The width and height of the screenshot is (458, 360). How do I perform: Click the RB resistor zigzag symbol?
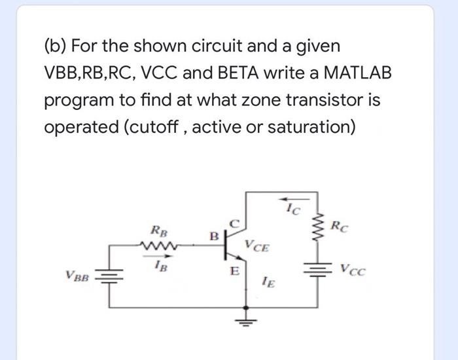point(158,246)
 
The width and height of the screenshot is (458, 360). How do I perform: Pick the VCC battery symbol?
point(319,268)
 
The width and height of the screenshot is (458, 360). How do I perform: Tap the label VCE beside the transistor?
point(256,247)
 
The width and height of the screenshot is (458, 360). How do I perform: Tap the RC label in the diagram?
point(340,228)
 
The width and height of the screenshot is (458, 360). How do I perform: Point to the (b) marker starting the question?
point(55,46)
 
